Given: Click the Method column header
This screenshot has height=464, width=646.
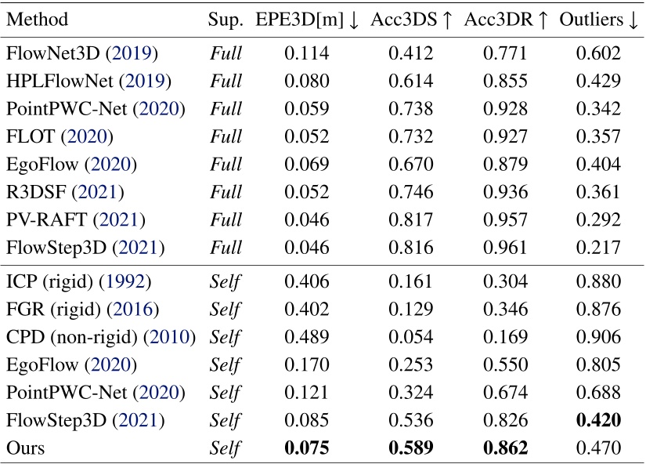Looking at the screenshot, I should (x=37, y=20).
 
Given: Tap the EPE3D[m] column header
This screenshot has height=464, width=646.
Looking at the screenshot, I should (x=306, y=20).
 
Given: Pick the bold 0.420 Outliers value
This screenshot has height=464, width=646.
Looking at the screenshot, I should (x=598, y=421).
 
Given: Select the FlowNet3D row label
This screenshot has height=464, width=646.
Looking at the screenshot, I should (x=82, y=54).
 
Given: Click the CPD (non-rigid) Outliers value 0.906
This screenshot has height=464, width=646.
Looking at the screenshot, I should (x=598, y=339).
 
